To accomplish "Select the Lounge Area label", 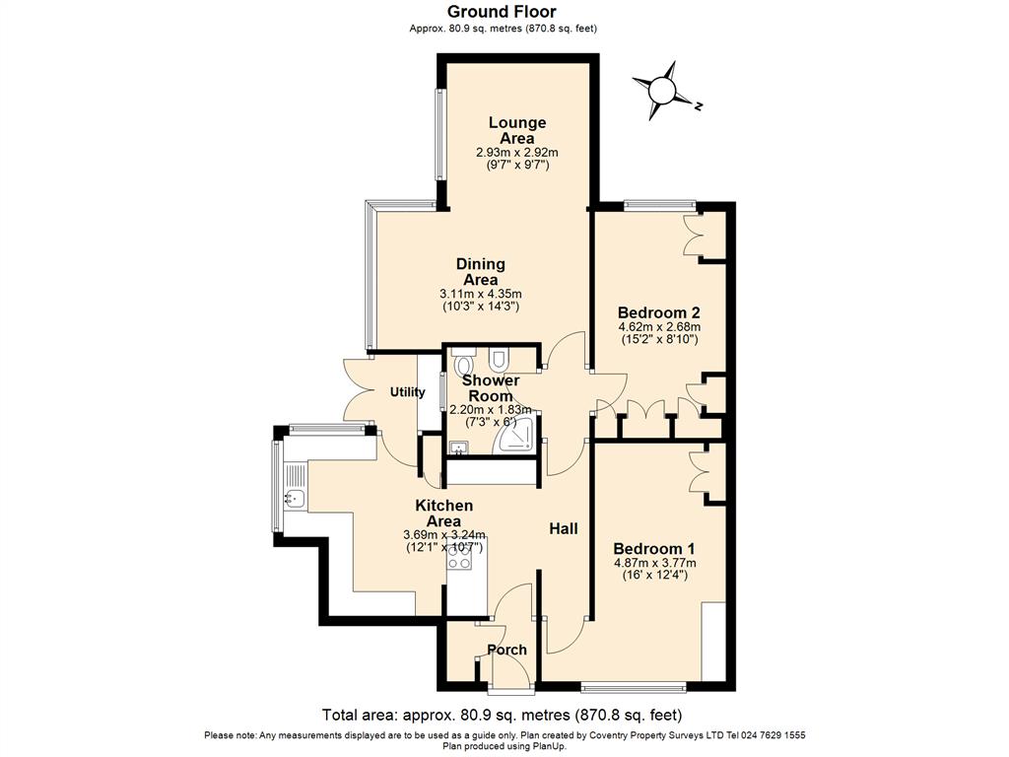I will tap(517, 130).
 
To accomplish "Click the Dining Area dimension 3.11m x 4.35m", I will tap(480, 294).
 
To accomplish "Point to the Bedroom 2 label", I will tap(659, 312).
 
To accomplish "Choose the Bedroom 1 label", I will tap(654, 549).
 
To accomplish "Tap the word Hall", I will tap(564, 529).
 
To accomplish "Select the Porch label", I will tap(507, 650).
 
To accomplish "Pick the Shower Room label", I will tap(490, 387).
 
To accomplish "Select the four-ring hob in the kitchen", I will tap(458, 557).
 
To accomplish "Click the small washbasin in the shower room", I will tap(458, 448).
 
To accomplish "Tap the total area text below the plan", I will tap(503, 715).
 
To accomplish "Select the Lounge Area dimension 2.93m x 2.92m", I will tap(517, 153).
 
